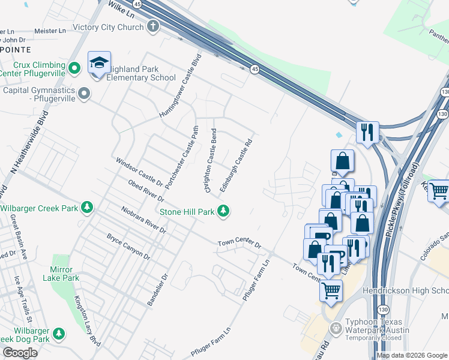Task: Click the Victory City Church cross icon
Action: tap(153, 26)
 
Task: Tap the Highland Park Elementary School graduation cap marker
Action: tap(99, 63)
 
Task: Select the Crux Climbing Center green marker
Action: tap(74, 68)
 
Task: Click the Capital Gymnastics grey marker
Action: tap(84, 94)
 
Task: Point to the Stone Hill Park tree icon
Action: tap(223, 211)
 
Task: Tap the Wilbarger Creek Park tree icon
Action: tap(88, 208)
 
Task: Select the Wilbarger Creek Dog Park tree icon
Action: tap(59, 332)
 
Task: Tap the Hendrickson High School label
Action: tap(406, 290)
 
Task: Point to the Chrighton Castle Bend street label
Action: tap(211, 160)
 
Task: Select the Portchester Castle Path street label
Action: tap(182, 157)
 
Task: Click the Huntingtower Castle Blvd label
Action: tap(179, 86)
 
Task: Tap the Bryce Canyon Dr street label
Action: tap(128, 247)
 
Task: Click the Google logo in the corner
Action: tap(20, 352)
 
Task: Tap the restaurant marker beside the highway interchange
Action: tap(367, 131)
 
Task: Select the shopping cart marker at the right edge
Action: tap(439, 191)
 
